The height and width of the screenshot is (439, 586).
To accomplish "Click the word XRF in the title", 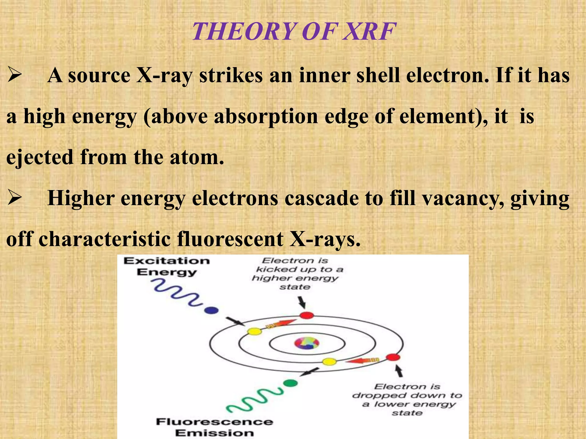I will pos(369,31).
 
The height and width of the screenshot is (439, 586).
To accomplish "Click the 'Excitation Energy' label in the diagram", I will pos(167,266).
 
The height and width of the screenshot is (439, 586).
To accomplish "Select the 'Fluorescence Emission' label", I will pos(215,427).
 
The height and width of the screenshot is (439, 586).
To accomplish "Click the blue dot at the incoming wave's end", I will pos(211,310).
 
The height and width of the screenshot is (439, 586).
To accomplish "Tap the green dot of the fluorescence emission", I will pos(291,383).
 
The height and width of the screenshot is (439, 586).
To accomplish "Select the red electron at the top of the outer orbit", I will pos(306,316).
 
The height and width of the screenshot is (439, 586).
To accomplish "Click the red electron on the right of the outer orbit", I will pos(393,357).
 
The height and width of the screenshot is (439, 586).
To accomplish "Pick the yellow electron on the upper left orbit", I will pos(254,332).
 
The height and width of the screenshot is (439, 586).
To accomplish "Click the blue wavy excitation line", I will pos(177,293).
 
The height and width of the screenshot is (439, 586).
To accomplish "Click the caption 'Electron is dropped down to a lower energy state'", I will pos(407,400).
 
